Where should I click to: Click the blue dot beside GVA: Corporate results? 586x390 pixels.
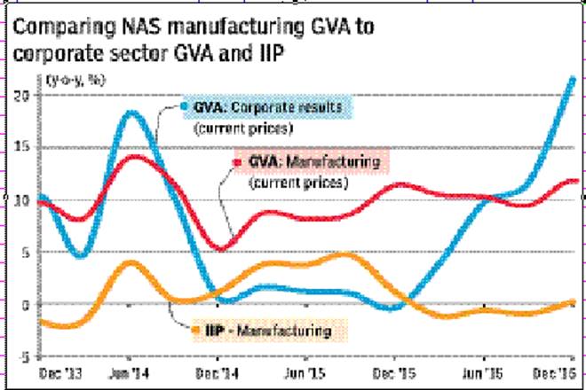(184, 106)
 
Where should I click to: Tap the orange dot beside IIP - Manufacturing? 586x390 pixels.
(194, 331)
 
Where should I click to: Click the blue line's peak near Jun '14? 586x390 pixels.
(131, 113)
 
